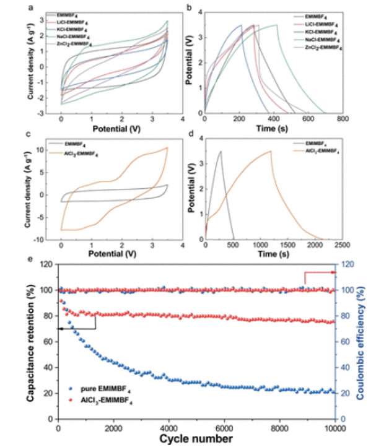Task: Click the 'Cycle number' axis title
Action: pyautogui.click(x=196, y=438)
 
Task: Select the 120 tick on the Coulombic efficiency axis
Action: pyautogui.click(x=349, y=265)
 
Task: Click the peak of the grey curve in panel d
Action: pyautogui.click(x=220, y=151)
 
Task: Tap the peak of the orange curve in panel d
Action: pyautogui.click(x=270, y=151)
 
